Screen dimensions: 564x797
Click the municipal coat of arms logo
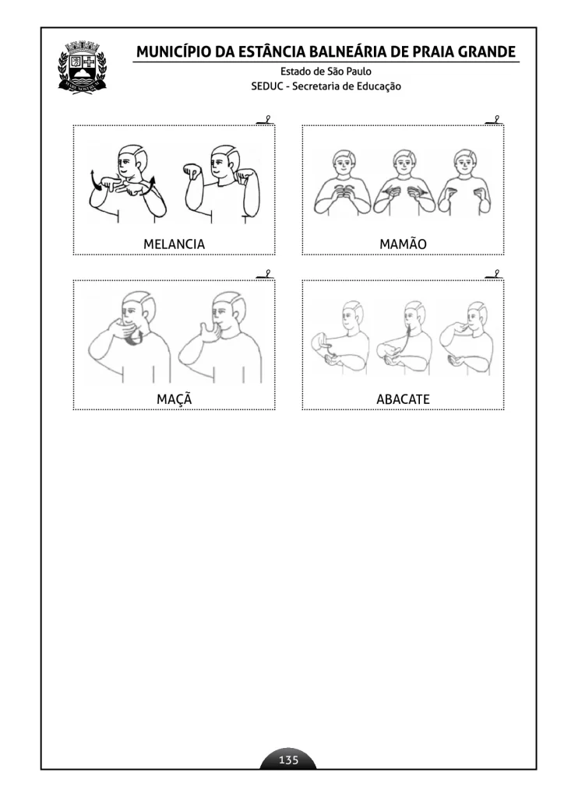tap(83, 67)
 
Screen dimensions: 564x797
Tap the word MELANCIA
tap(174, 244)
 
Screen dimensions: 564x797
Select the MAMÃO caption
tap(403, 244)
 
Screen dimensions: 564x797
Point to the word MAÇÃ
tap(174, 398)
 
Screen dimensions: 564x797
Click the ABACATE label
tap(403, 399)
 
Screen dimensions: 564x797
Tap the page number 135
tap(288, 760)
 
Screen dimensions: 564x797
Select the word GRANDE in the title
tap(487, 52)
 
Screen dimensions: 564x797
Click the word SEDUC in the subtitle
tap(267, 86)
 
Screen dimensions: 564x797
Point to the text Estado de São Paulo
tap(326, 71)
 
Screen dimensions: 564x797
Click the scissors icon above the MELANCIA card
tap(266, 121)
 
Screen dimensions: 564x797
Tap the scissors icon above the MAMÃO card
tap(495, 121)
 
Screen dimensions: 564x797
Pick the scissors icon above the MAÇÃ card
tap(266, 275)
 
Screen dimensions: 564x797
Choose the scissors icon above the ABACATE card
tap(495, 275)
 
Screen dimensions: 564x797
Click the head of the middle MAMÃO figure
tap(404, 161)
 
